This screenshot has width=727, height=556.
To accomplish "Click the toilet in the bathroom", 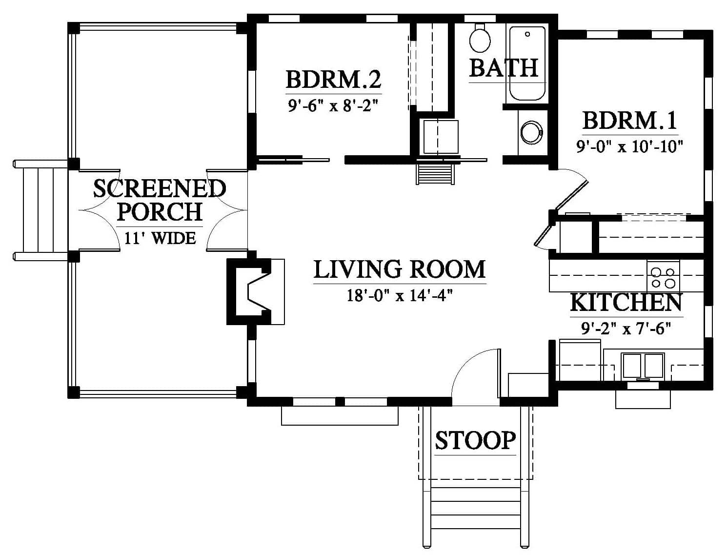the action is click(480, 38).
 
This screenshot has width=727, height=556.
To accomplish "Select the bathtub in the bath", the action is click(527, 63).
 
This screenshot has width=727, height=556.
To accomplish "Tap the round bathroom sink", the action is click(531, 133).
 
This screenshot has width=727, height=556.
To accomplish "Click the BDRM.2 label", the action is click(334, 80).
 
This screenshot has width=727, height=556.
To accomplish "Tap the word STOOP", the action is click(475, 441).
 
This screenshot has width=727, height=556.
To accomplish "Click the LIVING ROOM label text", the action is click(400, 269).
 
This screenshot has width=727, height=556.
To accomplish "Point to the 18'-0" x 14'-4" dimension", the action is click(400, 295).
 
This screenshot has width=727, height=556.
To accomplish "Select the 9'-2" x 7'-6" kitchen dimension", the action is click(626, 329).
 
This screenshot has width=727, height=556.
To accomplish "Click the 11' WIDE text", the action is click(160, 238).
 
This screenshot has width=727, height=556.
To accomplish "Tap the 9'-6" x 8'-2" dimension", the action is click(333, 106).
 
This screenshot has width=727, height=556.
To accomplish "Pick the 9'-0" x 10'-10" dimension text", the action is click(630, 146).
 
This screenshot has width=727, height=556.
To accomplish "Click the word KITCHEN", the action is click(626, 303).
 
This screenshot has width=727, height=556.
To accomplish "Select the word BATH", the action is click(504, 68).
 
